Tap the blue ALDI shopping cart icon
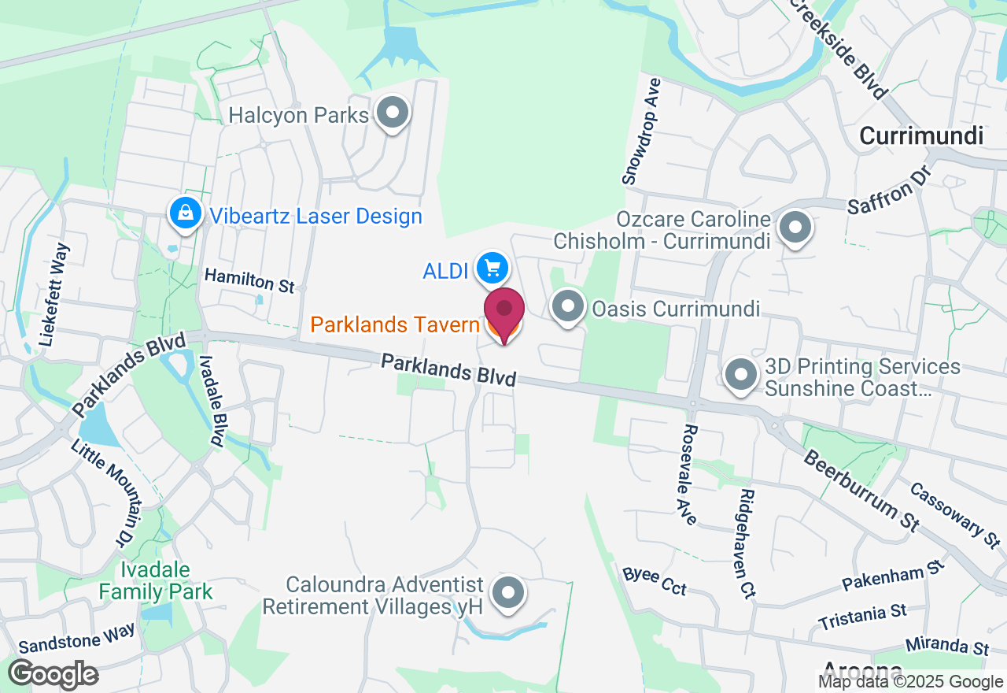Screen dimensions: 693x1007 point(492,269)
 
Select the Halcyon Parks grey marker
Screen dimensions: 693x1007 point(392,113)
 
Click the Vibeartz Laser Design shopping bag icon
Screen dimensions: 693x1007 point(184,213)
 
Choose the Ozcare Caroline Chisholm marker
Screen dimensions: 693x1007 point(795,228)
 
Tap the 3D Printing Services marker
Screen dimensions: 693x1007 point(740,375)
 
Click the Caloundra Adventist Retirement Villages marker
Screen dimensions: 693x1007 point(507,592)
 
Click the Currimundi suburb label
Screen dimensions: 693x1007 point(921,135)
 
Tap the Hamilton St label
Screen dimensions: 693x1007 point(249,280)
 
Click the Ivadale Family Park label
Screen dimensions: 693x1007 point(156,580)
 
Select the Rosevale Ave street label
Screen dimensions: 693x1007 point(689,475)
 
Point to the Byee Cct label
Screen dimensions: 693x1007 point(655,581)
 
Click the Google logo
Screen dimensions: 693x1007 point(53,675)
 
